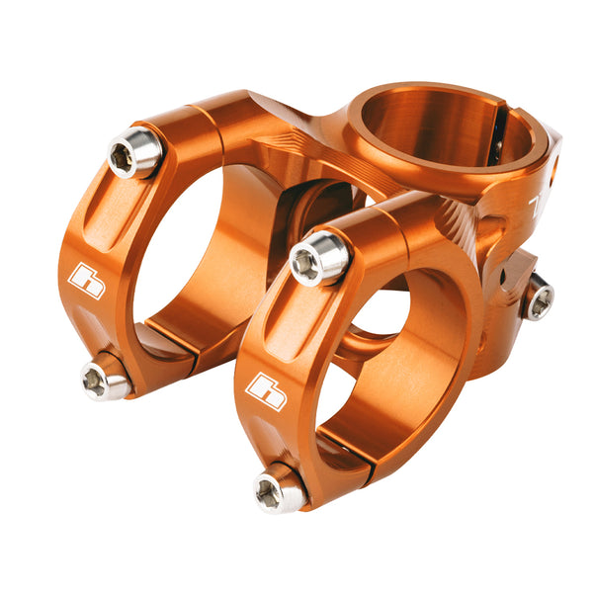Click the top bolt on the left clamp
134,153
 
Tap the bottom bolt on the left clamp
105,380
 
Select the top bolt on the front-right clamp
319,258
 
